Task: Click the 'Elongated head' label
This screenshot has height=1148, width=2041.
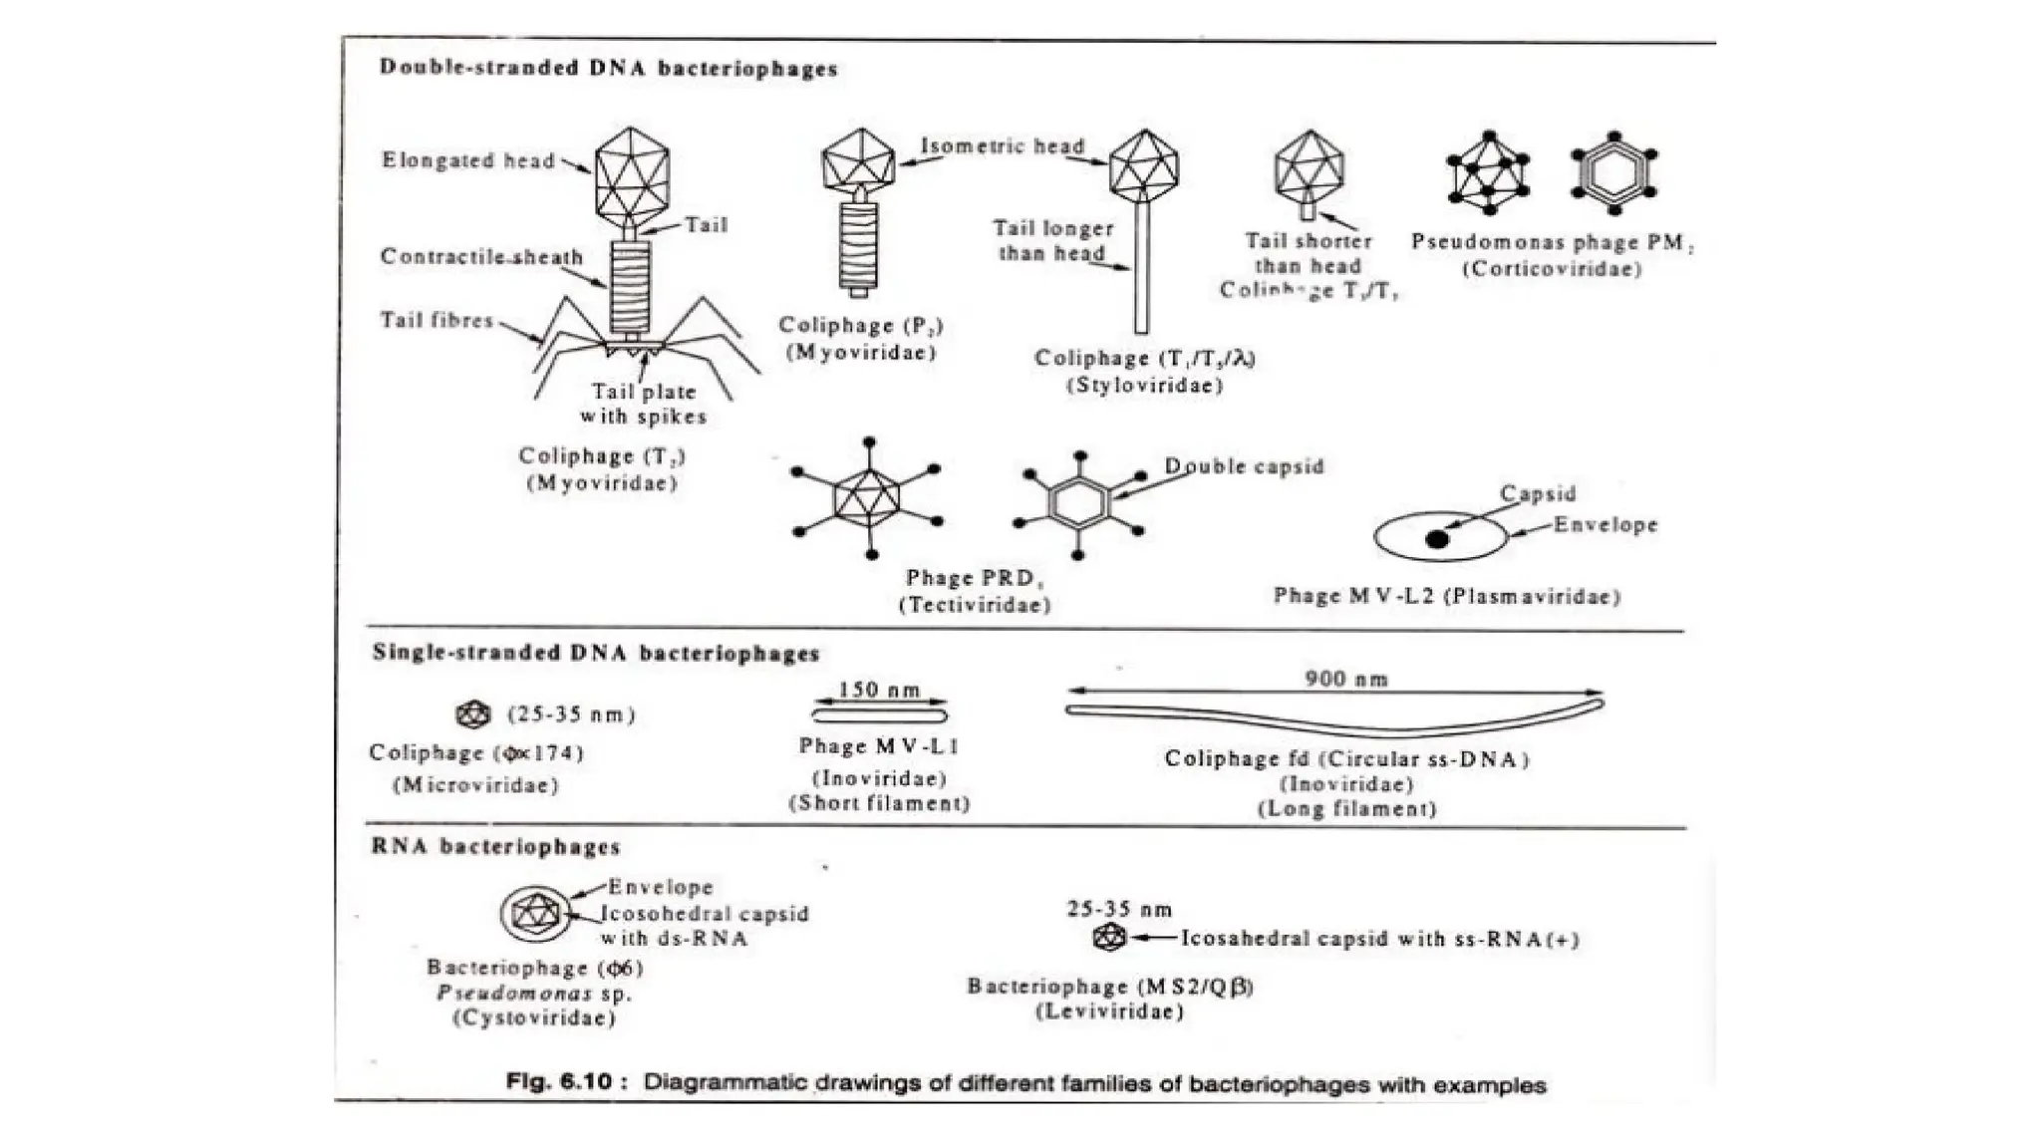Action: coord(467,160)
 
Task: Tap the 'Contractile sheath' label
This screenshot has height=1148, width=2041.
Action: coord(481,256)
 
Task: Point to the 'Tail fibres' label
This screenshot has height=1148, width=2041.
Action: coord(437,320)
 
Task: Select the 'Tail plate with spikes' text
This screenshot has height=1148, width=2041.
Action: coord(643,404)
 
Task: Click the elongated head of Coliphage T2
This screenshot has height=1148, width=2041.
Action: coord(631,172)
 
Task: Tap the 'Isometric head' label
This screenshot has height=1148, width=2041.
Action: coord(1002,145)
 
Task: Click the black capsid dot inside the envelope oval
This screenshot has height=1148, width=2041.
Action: coord(1436,539)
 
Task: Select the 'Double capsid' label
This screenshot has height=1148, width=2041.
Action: coord(1244,465)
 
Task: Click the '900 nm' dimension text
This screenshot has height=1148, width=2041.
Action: coord(1346,679)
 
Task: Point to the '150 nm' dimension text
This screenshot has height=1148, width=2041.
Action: coord(879,690)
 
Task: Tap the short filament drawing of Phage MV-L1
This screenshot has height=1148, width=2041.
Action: coord(879,715)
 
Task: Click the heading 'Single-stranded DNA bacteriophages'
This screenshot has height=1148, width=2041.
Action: coord(595,654)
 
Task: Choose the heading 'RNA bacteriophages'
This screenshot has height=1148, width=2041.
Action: coord(495,847)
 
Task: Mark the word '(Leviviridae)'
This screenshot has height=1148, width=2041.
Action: coord(1109,1011)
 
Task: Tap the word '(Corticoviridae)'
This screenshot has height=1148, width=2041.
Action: coord(1552,268)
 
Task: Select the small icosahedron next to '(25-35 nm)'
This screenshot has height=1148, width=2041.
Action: coord(473,714)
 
